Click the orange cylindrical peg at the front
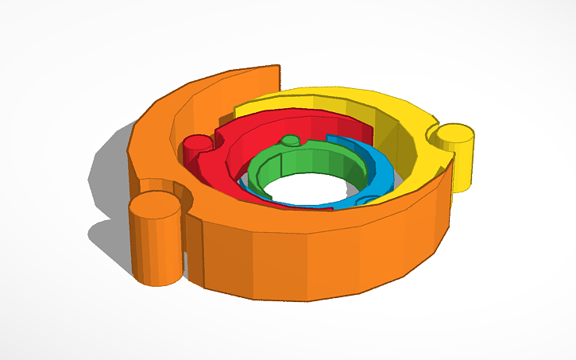(156, 242)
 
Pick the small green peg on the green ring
(292, 141)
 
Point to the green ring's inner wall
(310, 162)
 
